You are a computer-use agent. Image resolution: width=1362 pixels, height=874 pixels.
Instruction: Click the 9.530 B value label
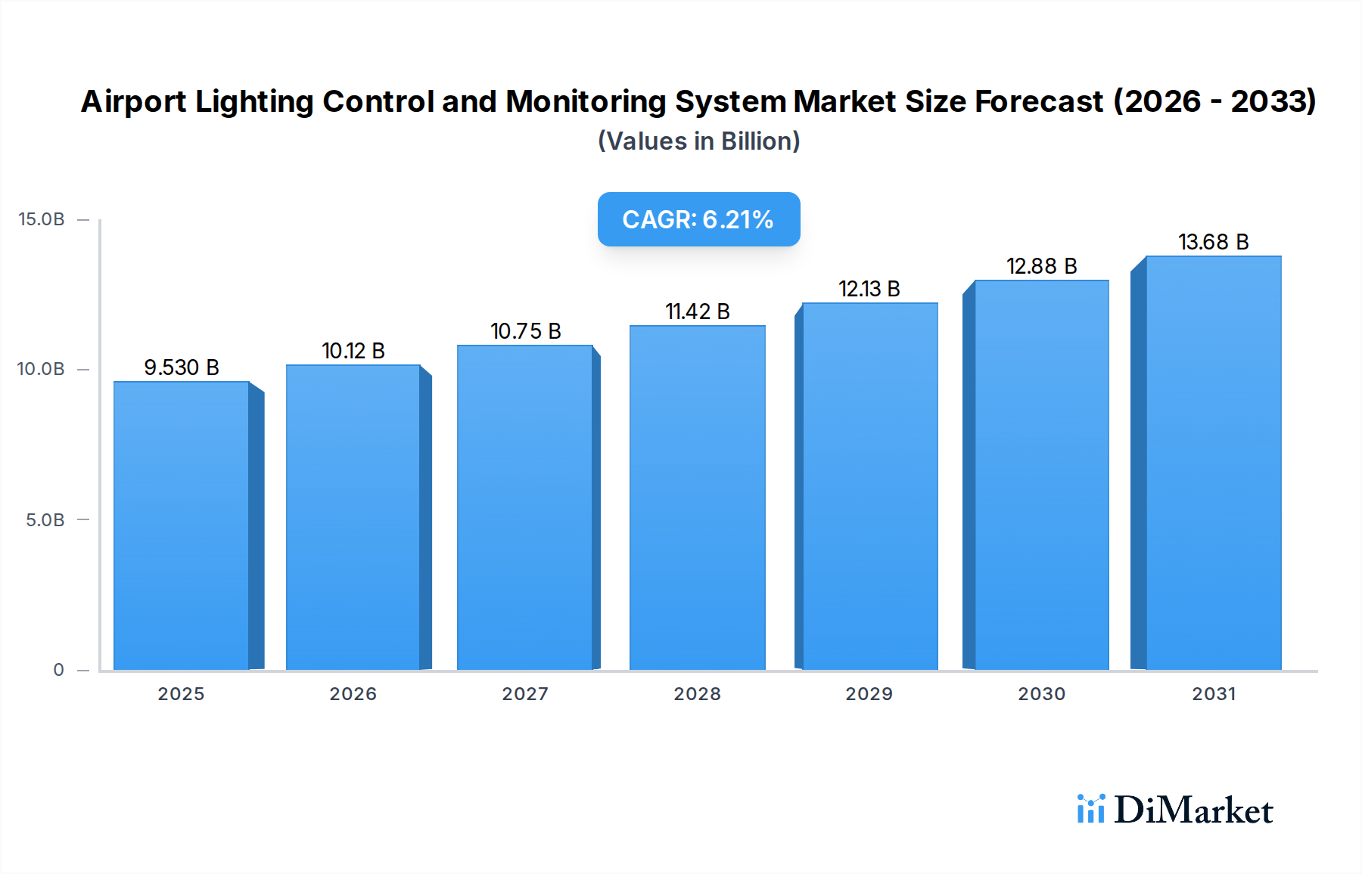coord(182,367)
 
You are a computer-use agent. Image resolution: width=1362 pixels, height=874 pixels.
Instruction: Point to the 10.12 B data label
coord(353,351)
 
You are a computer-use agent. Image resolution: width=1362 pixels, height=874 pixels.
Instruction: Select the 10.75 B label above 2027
coord(526,331)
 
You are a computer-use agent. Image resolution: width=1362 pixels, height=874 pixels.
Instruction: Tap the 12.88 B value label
coord(1041,266)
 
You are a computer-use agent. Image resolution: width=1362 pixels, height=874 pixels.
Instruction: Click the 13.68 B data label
coord(1213,242)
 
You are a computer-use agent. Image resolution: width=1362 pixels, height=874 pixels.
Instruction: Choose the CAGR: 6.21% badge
coord(698,219)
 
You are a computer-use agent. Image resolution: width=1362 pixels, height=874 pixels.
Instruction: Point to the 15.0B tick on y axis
coord(42,219)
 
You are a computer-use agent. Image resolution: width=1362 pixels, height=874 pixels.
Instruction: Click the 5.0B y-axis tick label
coord(45,520)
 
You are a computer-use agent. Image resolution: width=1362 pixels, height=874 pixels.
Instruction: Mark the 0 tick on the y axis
coord(58,670)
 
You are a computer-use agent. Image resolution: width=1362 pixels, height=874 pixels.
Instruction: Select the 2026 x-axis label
coord(353,694)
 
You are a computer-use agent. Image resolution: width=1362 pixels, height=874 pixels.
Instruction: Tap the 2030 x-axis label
coord(1041,694)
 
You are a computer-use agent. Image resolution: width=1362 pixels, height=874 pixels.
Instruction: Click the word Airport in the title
coord(133,102)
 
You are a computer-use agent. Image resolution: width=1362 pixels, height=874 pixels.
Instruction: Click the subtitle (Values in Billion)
coord(698,141)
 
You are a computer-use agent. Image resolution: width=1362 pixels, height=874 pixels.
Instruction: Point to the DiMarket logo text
coord(1193,810)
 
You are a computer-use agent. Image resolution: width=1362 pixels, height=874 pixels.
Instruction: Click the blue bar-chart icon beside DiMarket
coord(1090,809)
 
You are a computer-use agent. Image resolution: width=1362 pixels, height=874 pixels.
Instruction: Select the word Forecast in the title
coord(1038,102)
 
